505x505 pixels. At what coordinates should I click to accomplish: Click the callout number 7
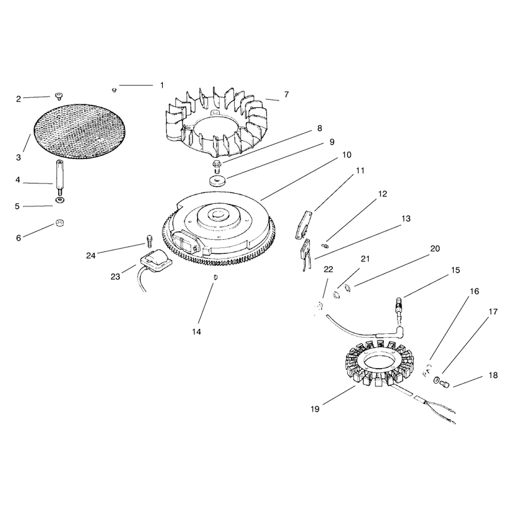(x=287, y=94)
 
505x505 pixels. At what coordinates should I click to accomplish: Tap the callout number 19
(x=315, y=409)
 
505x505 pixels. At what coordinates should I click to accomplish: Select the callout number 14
(x=196, y=331)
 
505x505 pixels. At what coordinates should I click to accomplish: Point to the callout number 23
(x=116, y=276)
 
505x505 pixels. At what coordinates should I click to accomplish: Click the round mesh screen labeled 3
(x=80, y=131)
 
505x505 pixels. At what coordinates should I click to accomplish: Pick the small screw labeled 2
(x=59, y=96)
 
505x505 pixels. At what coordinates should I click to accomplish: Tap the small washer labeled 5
(x=59, y=201)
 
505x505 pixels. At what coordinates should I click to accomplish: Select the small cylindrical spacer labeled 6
(x=59, y=223)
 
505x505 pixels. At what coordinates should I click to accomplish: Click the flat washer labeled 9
(x=217, y=181)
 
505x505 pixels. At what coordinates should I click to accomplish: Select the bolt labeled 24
(x=150, y=241)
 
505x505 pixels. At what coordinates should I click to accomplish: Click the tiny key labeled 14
(x=215, y=277)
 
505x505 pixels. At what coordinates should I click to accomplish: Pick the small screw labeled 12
(x=326, y=246)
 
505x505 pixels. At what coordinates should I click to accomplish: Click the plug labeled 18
(x=444, y=384)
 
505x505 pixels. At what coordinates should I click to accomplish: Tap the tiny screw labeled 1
(x=114, y=90)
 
